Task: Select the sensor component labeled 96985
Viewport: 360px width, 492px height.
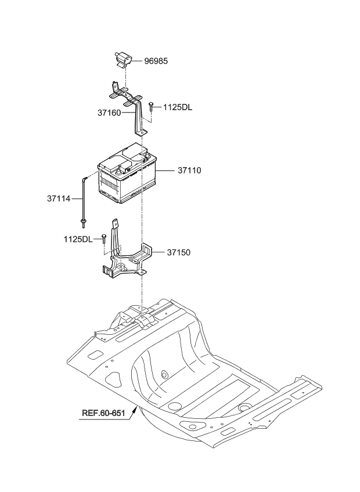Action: point(122,59)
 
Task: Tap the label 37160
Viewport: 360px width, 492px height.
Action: point(109,113)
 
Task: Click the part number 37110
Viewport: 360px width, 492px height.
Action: point(189,171)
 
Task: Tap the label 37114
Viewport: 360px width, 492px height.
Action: point(59,198)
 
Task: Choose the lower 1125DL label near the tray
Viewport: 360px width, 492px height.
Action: point(78,239)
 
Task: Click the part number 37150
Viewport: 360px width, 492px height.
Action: point(179,252)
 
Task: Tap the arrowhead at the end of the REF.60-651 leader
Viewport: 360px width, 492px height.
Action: point(138,408)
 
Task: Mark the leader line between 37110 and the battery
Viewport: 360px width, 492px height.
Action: point(165,171)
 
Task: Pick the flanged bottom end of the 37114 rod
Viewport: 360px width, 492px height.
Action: point(84,222)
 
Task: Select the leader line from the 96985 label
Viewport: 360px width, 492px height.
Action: point(138,60)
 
